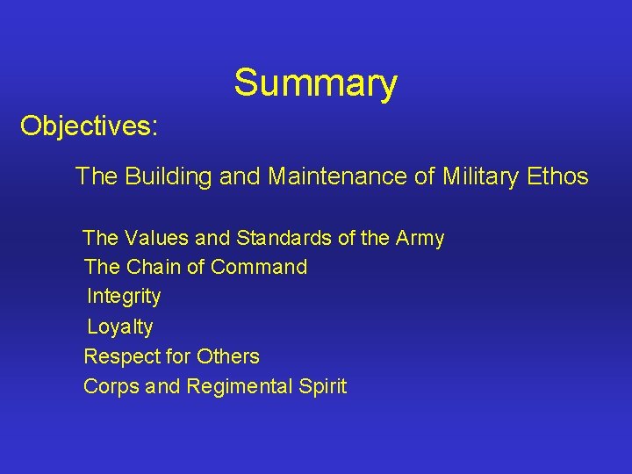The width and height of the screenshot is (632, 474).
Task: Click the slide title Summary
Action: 315,83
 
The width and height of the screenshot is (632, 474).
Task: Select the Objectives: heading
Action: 89,126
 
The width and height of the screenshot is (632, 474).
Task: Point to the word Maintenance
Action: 338,176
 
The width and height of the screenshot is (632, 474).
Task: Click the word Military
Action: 480,176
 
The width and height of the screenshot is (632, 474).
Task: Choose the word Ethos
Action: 557,176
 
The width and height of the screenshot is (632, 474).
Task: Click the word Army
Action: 420,239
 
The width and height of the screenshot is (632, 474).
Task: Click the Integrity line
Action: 124,297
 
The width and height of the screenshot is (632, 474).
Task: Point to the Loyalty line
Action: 119,327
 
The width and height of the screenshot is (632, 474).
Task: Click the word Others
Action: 228,356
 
